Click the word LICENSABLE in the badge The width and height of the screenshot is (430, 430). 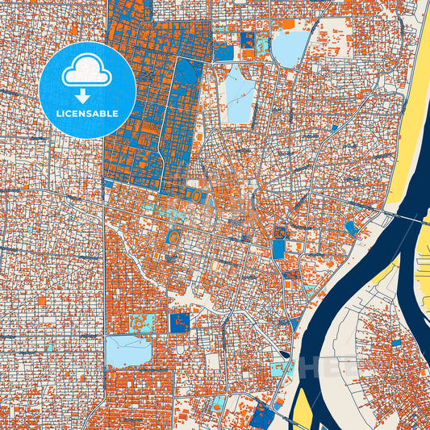point(86,114)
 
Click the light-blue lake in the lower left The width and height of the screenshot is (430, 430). point(128,352)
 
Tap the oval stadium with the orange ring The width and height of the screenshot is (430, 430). point(172,239)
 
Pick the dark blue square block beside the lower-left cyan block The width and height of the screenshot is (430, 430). point(179,323)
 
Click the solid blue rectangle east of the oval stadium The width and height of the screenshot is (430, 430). point(278,248)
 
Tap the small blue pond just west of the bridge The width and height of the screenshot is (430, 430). point(352,228)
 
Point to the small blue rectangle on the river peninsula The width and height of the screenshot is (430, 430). point(396,343)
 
